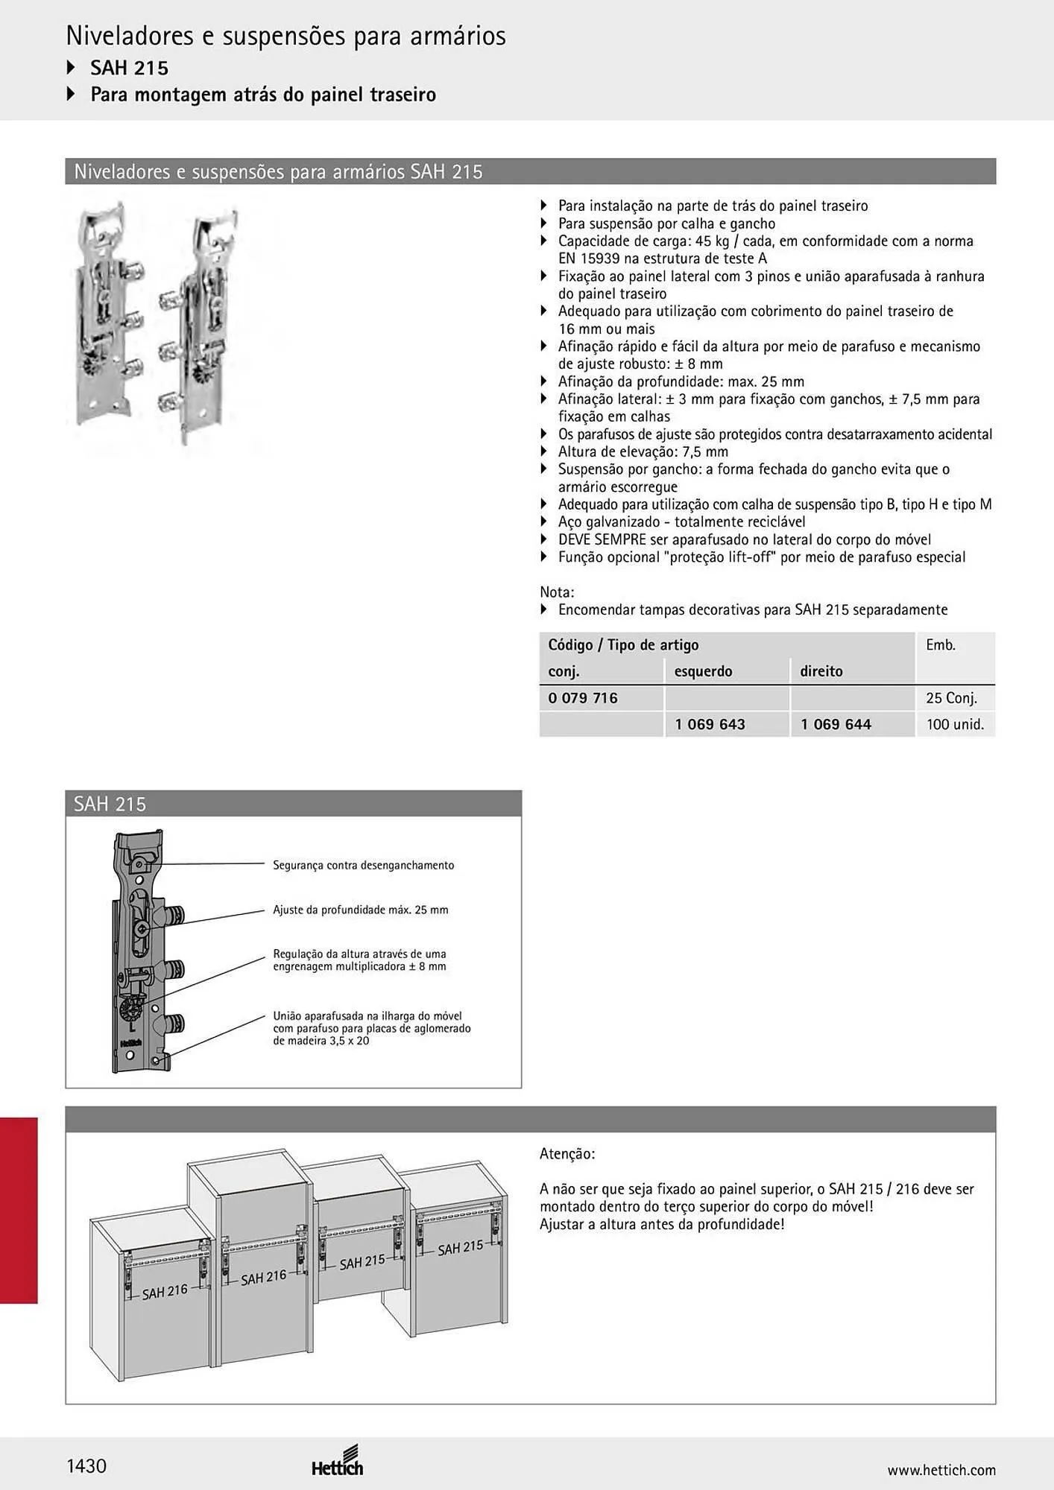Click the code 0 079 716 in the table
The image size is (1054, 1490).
[583, 698]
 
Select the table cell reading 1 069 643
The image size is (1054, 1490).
[710, 724]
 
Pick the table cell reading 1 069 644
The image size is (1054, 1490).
[836, 724]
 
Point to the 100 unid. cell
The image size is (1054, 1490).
[955, 724]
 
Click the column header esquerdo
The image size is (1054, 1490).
[703, 671]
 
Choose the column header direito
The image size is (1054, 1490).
[821, 671]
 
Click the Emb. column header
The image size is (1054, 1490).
[941, 645]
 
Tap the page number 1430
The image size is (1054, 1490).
[86, 1466]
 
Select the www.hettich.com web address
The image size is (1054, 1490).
[941, 1470]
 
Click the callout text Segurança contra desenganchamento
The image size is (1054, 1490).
[363, 865]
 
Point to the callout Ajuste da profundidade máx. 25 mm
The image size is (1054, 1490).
[361, 910]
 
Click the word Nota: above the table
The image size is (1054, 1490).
[557, 592]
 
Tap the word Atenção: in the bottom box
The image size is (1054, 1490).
[567, 1154]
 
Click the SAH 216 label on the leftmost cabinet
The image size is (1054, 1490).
[165, 1292]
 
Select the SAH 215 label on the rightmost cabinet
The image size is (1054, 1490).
[460, 1248]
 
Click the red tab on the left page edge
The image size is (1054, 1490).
[19, 1211]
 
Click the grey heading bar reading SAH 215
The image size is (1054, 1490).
[294, 804]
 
